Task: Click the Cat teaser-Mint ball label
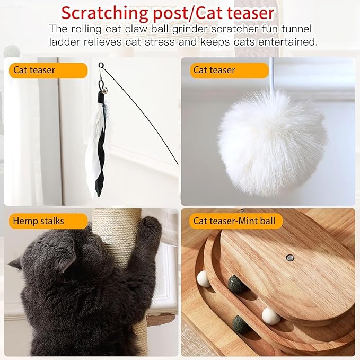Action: pos(234,221)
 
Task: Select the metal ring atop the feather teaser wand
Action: pos(101,65)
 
